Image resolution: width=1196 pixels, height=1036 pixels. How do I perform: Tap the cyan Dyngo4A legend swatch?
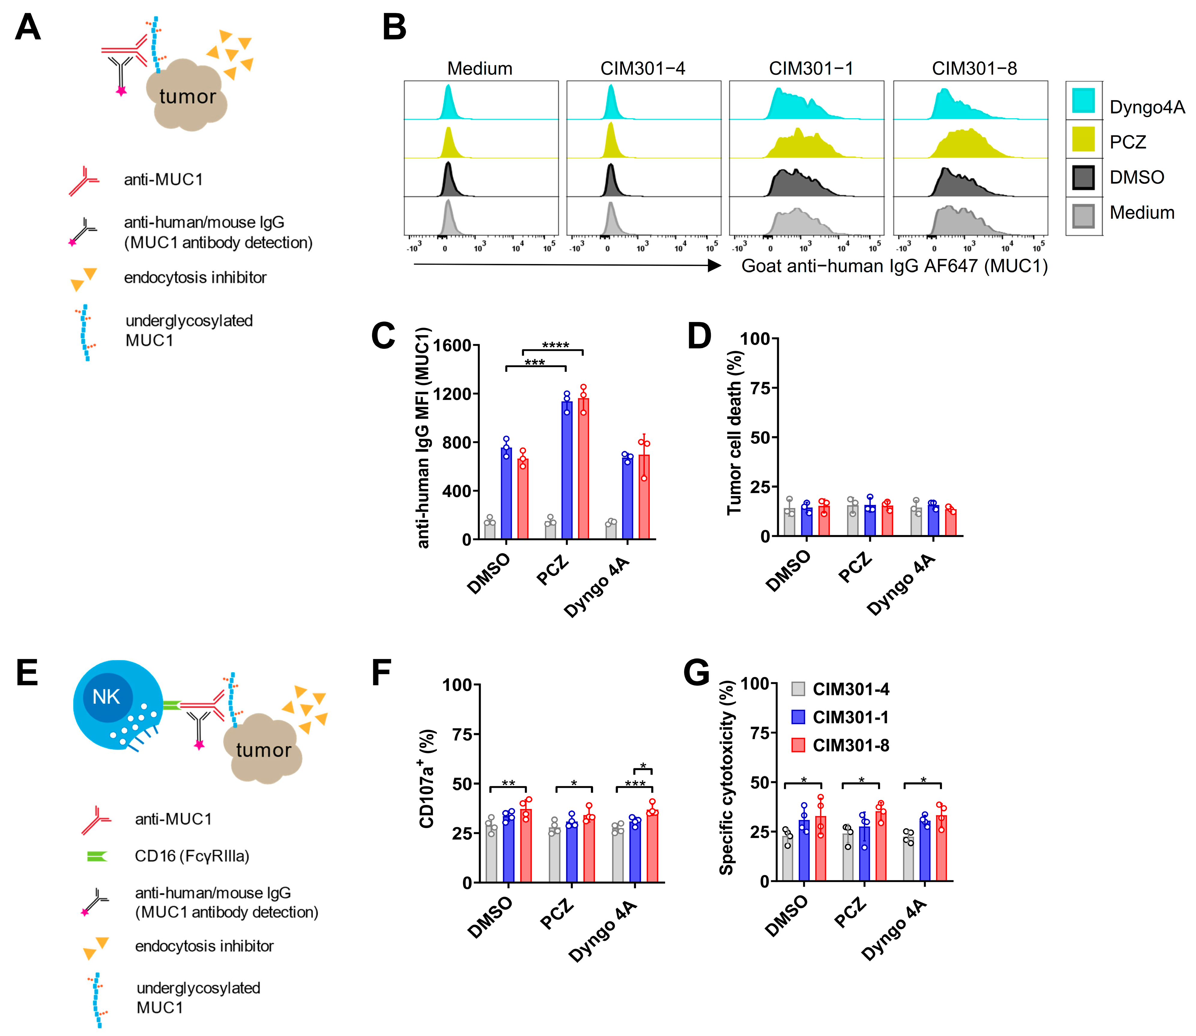pos(1083,101)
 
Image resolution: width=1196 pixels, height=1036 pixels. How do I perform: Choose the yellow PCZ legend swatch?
pos(1083,139)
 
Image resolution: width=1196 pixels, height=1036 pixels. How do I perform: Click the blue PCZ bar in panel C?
pos(566,471)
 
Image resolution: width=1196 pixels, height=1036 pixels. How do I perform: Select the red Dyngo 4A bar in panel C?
pos(644,497)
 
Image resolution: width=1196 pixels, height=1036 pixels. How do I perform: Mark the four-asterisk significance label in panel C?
pos(555,345)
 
